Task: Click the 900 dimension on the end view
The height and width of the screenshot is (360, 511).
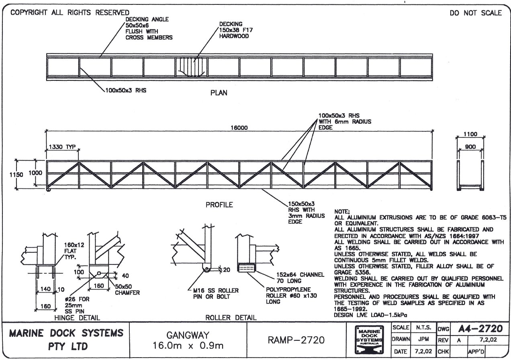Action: pyautogui.click(x=470, y=147)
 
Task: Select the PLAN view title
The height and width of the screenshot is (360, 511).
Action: pyautogui.click(x=219, y=93)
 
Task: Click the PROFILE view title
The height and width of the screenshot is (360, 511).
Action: pyautogui.click(x=219, y=205)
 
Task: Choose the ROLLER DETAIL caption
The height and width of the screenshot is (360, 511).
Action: pyautogui.click(x=231, y=317)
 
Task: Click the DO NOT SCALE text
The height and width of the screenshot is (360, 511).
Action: pyautogui.click(x=476, y=13)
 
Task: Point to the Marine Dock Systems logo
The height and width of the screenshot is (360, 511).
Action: pyautogui.click(x=368, y=340)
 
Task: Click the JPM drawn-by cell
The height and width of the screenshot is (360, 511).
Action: pyautogui.click(x=421, y=340)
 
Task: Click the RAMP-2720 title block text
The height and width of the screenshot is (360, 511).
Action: pyautogui.click(x=296, y=340)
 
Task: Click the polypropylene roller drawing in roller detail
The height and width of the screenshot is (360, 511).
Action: pyautogui.click(x=247, y=267)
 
